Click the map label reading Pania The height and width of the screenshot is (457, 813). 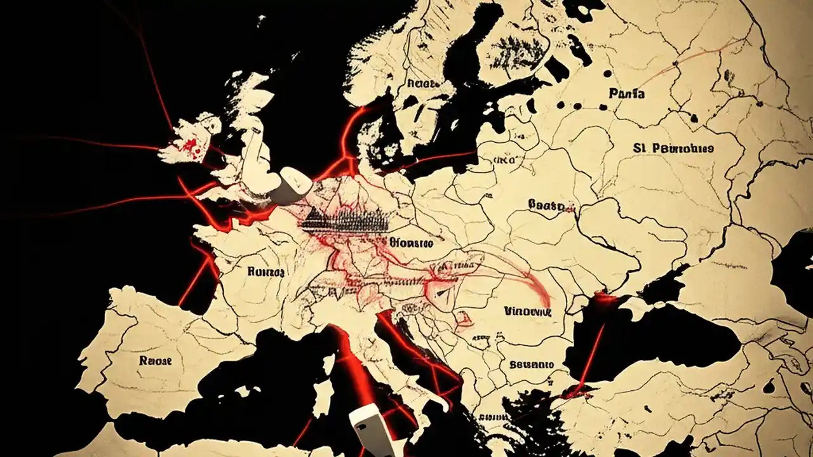click(x=626, y=94)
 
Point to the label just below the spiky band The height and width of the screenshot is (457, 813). click(x=410, y=242)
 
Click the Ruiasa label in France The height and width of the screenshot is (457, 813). click(x=266, y=272)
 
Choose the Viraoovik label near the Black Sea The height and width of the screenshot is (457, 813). click(x=527, y=312)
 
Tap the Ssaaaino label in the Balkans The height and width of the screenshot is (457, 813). click(x=531, y=365)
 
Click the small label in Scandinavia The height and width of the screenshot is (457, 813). click(x=423, y=83)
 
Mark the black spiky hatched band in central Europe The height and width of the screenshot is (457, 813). click(x=346, y=220)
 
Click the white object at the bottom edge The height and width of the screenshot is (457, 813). click(x=372, y=432)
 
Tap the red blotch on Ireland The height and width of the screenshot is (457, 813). click(x=191, y=146)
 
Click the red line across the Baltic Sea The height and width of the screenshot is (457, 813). click(x=438, y=159)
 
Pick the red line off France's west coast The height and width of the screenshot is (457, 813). click(x=194, y=279)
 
